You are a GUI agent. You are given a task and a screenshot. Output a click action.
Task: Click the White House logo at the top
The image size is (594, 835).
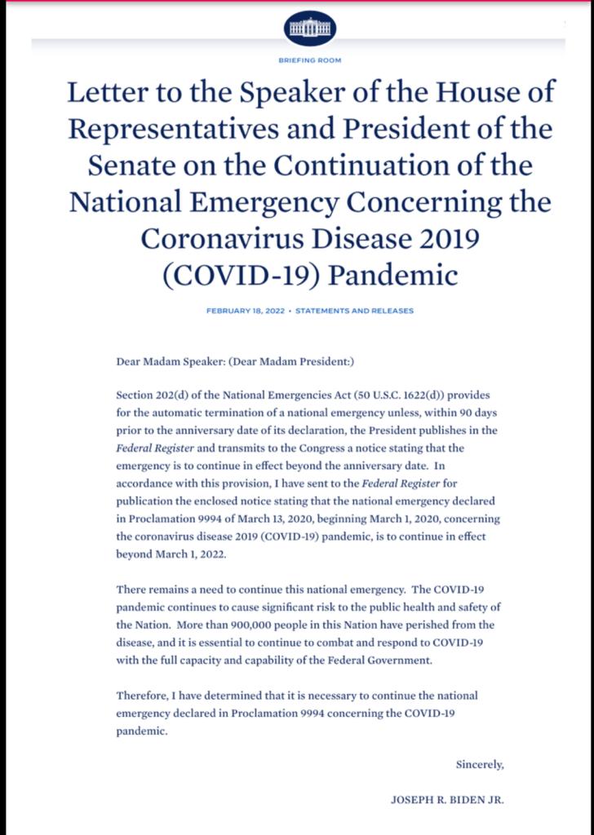310,29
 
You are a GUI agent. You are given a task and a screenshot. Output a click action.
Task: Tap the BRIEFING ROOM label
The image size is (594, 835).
310,60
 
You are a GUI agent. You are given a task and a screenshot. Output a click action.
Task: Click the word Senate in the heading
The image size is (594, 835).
127,166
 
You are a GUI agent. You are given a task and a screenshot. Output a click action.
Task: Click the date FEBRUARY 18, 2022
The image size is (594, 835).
246,311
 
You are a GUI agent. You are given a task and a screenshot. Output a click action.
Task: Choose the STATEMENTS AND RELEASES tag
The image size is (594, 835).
354,311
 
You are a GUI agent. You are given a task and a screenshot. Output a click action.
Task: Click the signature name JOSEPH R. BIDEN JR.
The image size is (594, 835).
448,800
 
